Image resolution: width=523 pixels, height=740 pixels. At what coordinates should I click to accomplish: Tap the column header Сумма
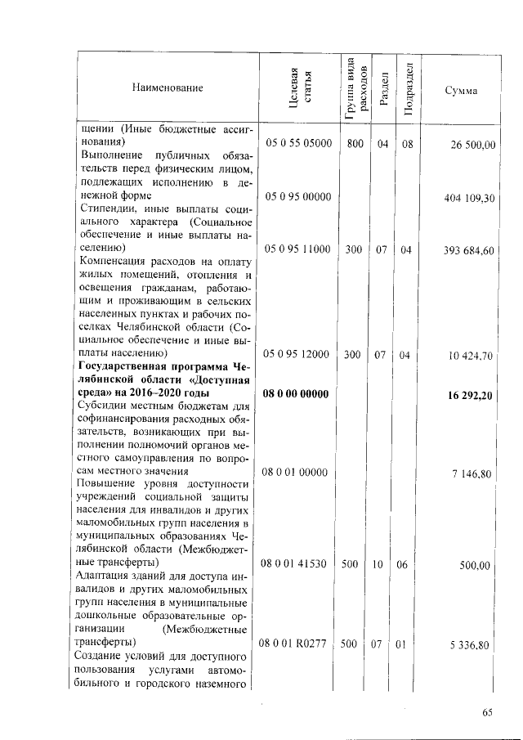461,90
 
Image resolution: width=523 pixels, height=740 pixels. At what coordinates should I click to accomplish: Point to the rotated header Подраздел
408,87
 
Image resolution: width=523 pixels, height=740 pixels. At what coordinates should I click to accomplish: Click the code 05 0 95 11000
295,250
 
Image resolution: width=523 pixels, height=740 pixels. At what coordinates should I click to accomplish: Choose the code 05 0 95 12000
295,355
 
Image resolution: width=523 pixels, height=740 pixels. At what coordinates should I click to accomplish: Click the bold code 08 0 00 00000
295,394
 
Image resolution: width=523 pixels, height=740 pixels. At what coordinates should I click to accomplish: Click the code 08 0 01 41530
295,564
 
